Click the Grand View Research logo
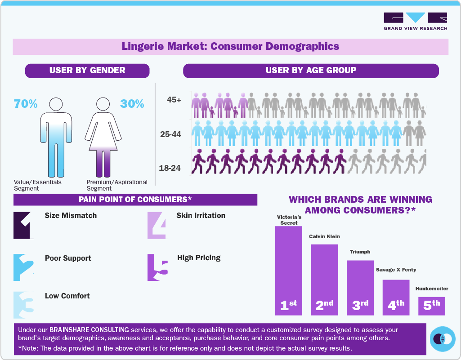tap(415, 21)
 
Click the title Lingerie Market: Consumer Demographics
tap(230, 46)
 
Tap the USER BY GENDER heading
tap(87, 71)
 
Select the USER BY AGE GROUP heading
tap(310, 71)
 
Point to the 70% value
tap(26, 104)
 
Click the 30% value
tap(132, 104)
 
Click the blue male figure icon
tap(57, 137)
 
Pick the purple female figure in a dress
tap(103, 137)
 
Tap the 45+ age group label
tap(173, 100)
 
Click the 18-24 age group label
tap(170, 168)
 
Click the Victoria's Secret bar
tap(288, 270)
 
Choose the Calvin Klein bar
tap(324, 279)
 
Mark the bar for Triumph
tap(360, 287)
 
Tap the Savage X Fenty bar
tap(396, 297)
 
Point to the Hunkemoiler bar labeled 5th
tap(431, 306)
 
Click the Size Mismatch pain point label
tap(71, 216)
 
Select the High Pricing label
tap(199, 258)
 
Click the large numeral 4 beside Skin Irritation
tap(157, 225)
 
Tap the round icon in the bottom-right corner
tap(443, 338)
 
